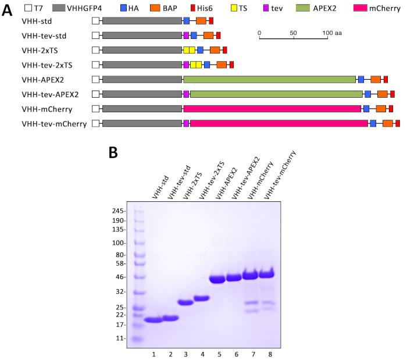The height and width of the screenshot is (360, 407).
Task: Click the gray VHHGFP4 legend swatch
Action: click(66, 9)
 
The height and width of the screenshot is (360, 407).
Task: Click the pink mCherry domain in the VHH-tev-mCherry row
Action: click(279, 123)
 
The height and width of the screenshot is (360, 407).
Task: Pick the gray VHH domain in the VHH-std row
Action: click(142, 21)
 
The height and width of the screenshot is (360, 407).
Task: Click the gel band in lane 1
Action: click(154, 320)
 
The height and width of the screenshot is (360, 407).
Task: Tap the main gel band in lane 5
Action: click(217, 279)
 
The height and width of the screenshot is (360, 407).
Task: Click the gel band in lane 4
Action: click(201, 298)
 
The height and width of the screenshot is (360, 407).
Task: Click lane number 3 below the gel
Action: click(185, 354)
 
